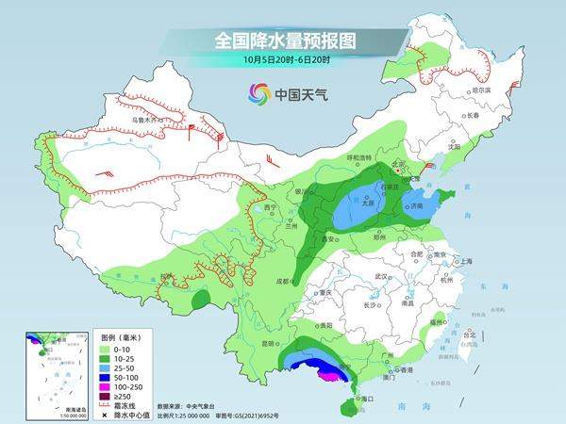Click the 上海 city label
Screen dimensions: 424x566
pos(462,261)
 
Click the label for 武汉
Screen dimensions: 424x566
pos(382,276)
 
